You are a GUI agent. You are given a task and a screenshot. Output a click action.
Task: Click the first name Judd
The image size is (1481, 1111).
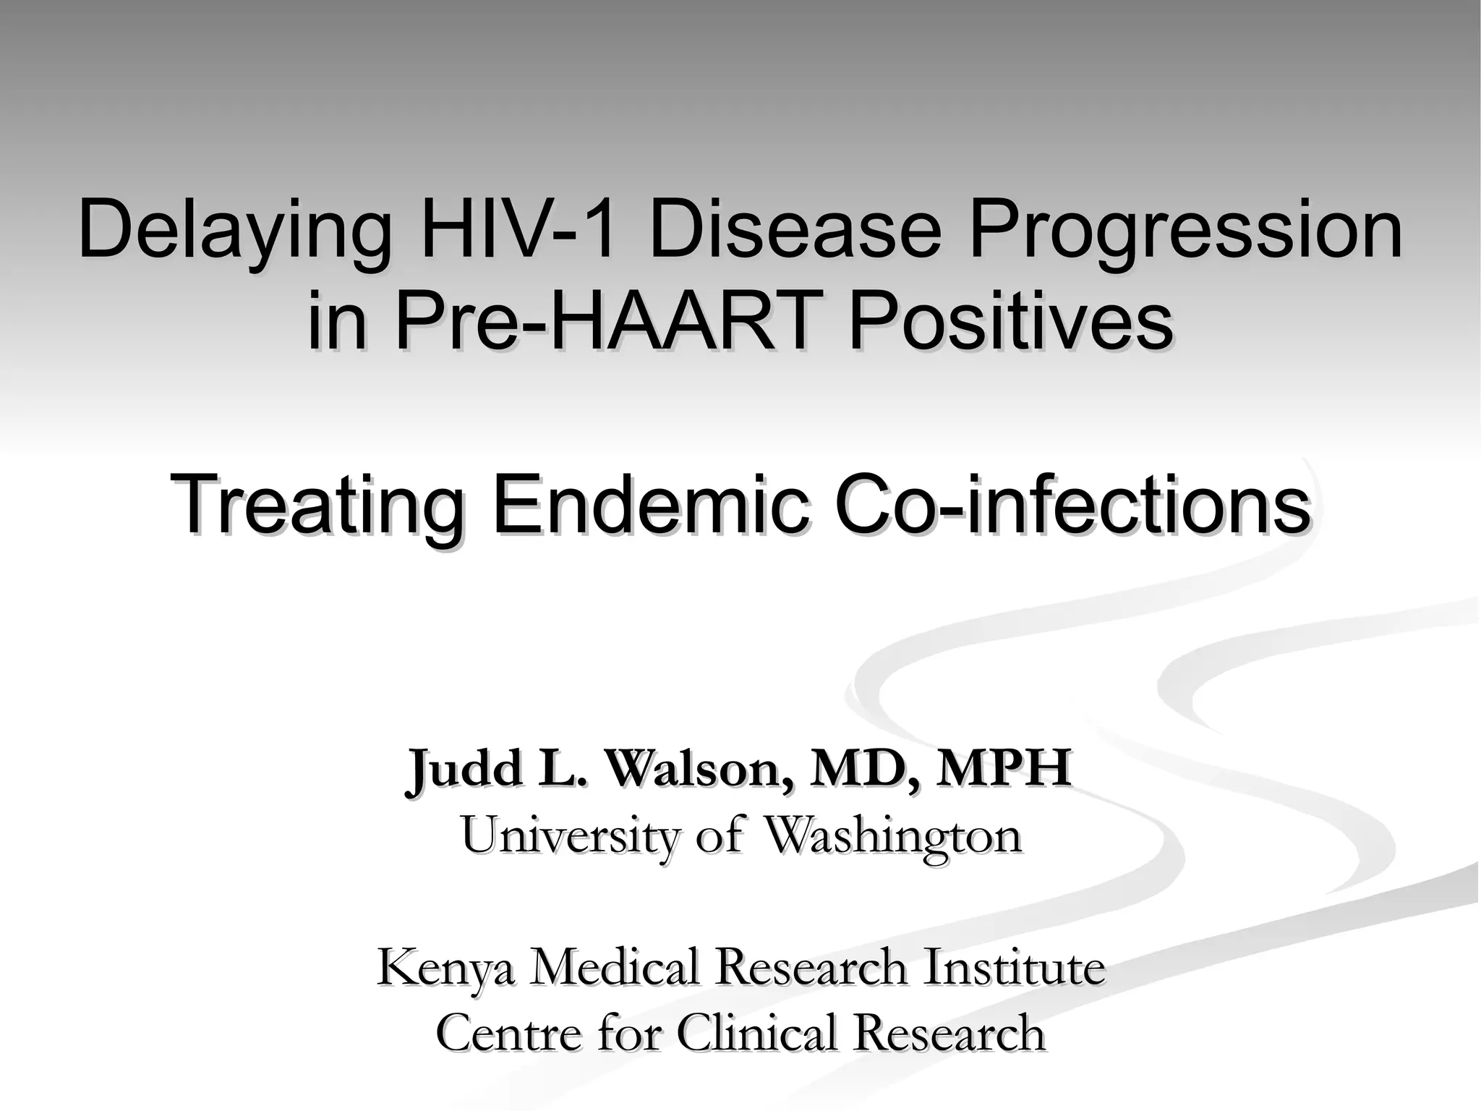click(x=464, y=769)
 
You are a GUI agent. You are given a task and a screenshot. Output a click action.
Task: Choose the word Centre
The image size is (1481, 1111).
click(x=511, y=1033)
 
